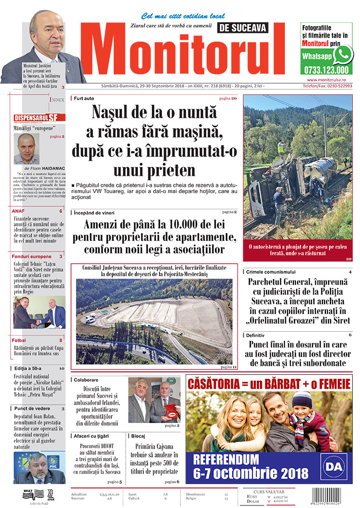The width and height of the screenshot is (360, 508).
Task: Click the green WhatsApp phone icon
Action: [343, 54]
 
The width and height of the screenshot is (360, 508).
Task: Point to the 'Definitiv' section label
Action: [256, 335]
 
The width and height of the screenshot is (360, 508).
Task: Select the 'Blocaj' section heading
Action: [138, 436]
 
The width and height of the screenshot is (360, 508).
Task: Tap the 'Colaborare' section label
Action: [86, 380]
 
